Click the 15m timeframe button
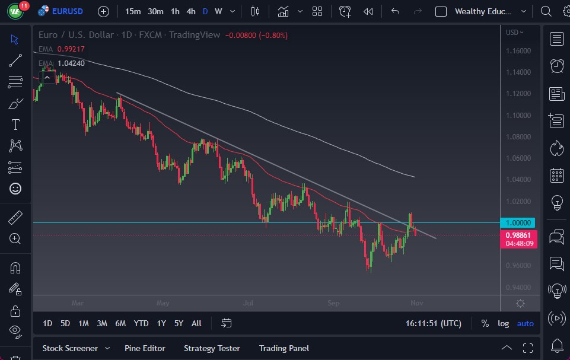(133, 11)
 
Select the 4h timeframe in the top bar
(191, 11)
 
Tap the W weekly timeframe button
(218, 11)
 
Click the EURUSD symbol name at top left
(68, 11)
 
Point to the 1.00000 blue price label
(520, 222)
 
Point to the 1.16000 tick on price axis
(518, 51)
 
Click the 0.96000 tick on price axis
(518, 265)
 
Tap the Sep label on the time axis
(333, 303)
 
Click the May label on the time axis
(163, 303)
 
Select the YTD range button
(141, 323)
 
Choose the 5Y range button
(179, 323)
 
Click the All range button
(196, 323)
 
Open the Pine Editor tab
(145, 348)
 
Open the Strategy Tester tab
(212, 348)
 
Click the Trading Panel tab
(284, 348)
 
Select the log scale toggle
(504, 323)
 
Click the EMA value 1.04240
(71, 63)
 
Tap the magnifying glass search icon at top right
(546, 11)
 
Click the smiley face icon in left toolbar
(15, 189)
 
